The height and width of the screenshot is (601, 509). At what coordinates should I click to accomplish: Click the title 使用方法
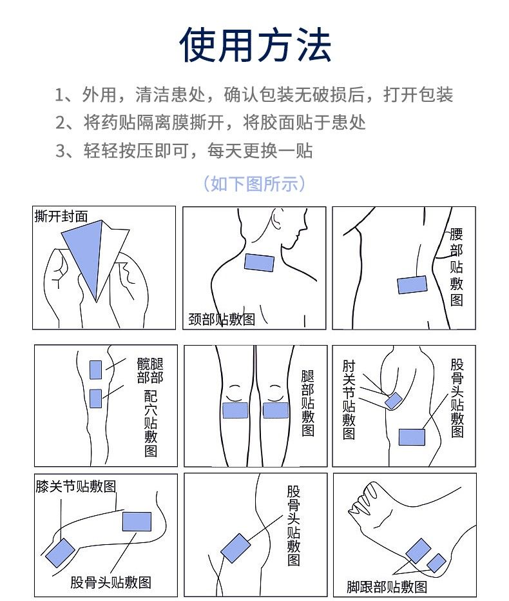[255, 45]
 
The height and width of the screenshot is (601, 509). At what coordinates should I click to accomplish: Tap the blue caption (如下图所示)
[254, 184]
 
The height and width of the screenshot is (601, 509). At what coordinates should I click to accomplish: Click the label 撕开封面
[61, 216]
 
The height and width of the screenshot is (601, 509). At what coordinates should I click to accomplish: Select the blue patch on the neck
[259, 262]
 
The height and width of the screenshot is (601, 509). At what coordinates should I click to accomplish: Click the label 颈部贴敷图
[222, 319]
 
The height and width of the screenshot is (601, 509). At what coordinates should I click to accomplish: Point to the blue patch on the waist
[412, 284]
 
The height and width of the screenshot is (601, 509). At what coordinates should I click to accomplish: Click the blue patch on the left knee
[235, 410]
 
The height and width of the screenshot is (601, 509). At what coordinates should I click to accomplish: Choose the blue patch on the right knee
[276, 410]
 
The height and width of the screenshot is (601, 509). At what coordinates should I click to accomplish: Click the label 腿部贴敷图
[308, 403]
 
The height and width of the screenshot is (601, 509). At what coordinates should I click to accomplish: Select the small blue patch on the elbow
[393, 401]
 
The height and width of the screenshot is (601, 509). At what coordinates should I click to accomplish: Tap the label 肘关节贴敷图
[349, 399]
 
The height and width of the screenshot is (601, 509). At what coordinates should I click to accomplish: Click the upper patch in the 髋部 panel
[95, 370]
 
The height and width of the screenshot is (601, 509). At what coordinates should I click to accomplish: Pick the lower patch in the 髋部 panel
[95, 399]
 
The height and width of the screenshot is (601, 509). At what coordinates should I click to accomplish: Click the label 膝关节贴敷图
[76, 486]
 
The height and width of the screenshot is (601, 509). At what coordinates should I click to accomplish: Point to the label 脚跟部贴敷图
[387, 587]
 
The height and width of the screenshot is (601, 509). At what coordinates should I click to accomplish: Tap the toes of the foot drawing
[364, 498]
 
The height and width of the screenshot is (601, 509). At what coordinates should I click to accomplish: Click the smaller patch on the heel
[437, 563]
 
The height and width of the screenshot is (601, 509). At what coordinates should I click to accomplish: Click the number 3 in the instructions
[60, 151]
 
